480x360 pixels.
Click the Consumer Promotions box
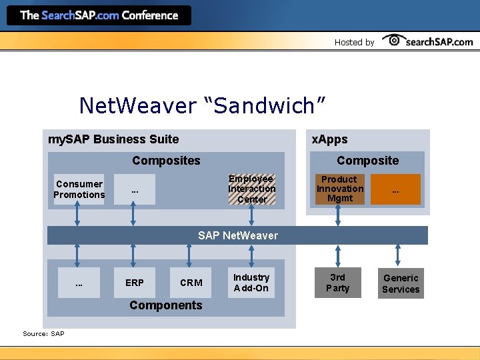tap(79, 189)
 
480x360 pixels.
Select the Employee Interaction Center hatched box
tap(251, 189)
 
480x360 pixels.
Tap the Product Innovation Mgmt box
tap(339, 189)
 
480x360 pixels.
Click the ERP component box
tap(134, 283)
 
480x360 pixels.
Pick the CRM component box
tap(191, 283)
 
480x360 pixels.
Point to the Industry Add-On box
tap(251, 283)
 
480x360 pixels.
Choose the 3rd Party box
tap(337, 283)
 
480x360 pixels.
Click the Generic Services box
tap(401, 283)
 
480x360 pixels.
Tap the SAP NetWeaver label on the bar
tap(238, 235)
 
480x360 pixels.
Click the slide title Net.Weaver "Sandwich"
tap(202, 105)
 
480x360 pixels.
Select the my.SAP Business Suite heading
tap(114, 139)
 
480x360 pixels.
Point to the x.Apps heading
tap(330, 139)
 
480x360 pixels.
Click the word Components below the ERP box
tap(165, 305)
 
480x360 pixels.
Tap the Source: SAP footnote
tap(43, 333)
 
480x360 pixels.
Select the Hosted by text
tap(354, 42)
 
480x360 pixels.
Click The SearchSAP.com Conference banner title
tap(99, 15)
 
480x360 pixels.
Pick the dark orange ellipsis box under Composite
tap(395, 189)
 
